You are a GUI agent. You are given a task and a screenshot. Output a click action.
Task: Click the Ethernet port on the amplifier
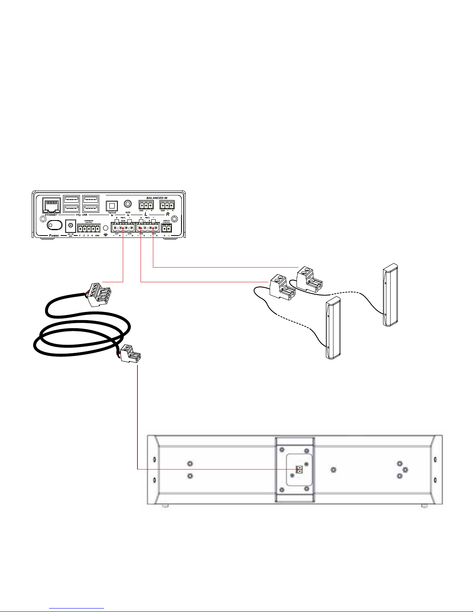51,204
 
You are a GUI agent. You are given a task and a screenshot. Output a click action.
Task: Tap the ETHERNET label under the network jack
51,215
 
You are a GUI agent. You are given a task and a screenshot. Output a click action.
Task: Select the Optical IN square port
112,205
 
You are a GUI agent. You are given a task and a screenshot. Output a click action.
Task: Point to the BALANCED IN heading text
156,198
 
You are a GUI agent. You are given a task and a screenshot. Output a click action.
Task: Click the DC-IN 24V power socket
71,225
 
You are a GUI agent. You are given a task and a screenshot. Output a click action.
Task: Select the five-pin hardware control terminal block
88,228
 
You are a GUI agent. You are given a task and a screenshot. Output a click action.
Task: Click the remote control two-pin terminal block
166,229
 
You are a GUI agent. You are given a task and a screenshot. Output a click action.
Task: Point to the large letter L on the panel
146,214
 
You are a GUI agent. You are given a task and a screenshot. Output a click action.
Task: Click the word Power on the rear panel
54,235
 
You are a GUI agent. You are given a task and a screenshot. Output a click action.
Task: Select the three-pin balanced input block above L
146,205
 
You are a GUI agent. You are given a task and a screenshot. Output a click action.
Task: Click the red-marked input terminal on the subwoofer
298,470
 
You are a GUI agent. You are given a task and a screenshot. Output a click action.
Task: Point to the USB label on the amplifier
85,215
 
